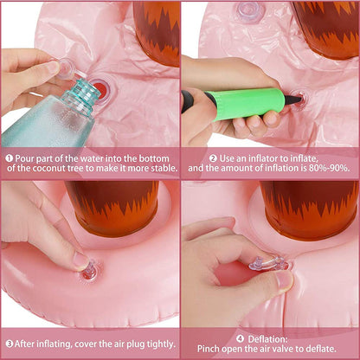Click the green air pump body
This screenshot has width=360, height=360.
[x=245, y=104]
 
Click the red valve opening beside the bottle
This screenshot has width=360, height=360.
[x=100, y=87]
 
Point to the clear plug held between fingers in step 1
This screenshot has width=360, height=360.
[x=67, y=68]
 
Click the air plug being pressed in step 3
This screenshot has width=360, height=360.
[x=89, y=271]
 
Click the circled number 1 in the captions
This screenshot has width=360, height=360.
[x=10, y=158]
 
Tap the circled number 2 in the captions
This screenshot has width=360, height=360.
[x=214, y=158]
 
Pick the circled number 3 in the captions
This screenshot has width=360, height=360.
[x=10, y=344]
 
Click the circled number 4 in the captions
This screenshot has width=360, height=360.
[x=241, y=338]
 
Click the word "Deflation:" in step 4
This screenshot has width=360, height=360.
[x=267, y=339]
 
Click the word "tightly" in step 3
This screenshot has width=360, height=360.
[x=161, y=344]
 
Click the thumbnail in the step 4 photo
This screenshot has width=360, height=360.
[x=283, y=280]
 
